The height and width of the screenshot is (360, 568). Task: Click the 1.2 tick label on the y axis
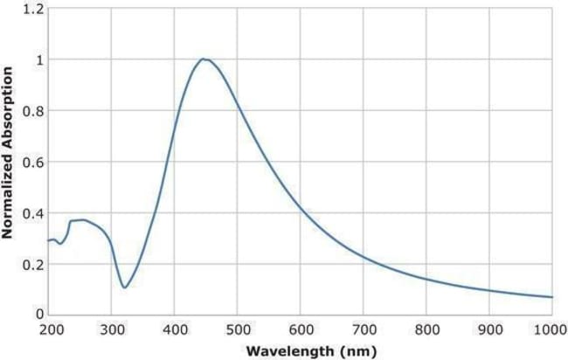(32, 9)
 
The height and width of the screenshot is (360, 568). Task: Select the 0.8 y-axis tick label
(32, 111)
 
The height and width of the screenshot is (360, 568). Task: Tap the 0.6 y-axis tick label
(32, 162)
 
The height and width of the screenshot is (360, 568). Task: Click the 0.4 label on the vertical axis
(32, 212)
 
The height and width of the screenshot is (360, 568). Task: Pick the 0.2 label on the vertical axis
(32, 263)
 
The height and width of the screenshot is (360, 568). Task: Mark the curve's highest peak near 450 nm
(204, 59)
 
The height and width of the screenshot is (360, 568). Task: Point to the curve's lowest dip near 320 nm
(124, 287)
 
